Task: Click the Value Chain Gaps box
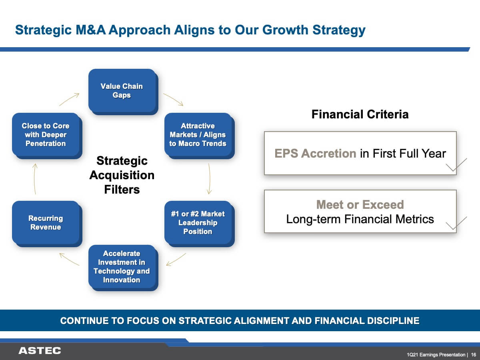click(123, 92)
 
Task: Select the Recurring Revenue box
click(47, 224)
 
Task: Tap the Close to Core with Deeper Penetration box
click(47, 136)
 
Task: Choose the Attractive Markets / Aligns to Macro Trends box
click(200, 136)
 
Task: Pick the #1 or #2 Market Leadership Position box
click(200, 224)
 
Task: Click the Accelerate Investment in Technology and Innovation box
click(123, 268)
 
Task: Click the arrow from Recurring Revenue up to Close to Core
click(34, 178)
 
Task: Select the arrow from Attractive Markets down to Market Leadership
click(210, 178)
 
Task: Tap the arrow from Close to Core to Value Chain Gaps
click(70, 99)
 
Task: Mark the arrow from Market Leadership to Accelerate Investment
click(176, 260)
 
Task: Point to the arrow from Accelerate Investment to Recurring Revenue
click(69, 259)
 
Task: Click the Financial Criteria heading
click(360, 114)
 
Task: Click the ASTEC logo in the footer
click(40, 351)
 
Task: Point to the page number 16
click(474, 355)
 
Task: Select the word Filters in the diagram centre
click(122, 189)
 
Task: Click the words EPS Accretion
click(315, 153)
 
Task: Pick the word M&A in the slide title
click(90, 30)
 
